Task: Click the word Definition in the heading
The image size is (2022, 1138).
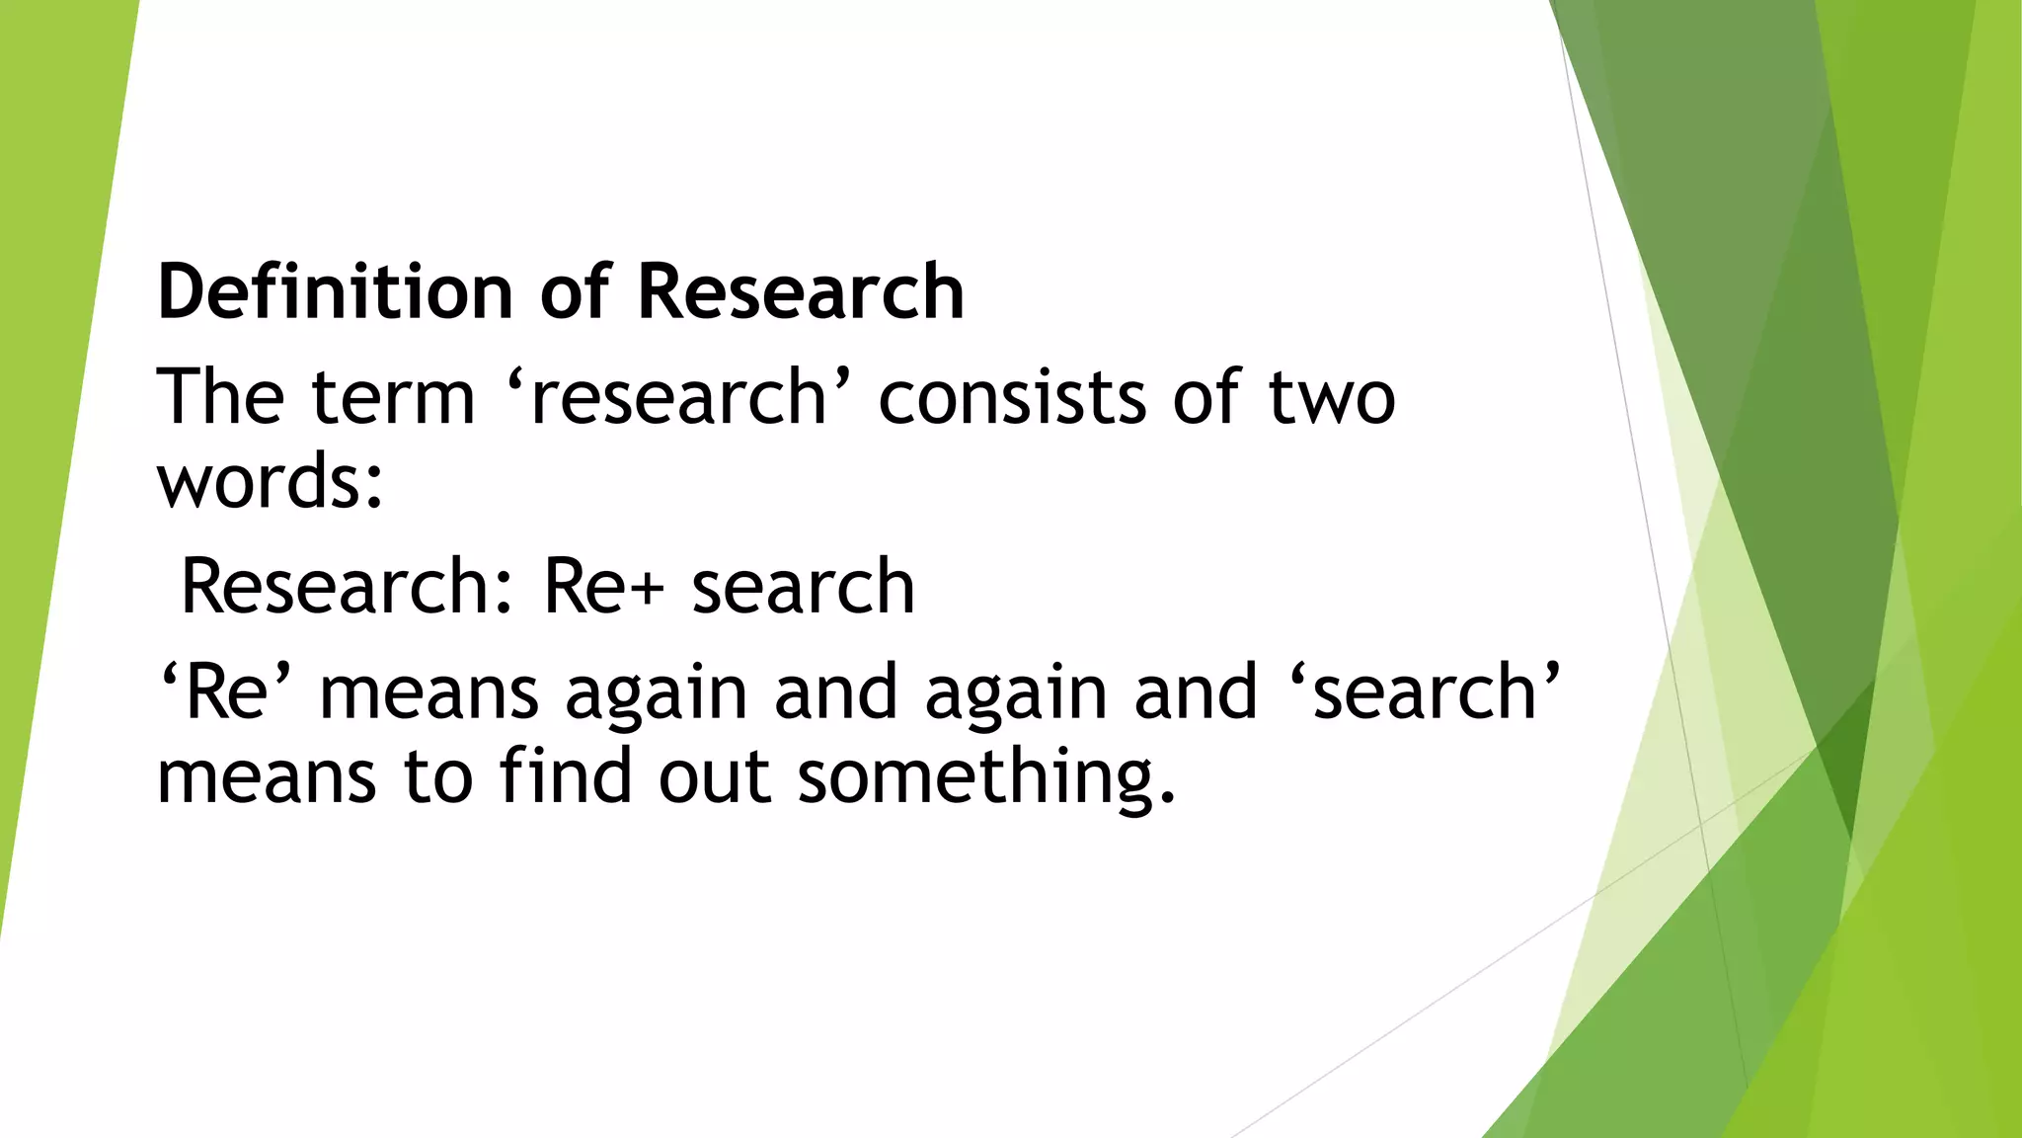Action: [x=335, y=292]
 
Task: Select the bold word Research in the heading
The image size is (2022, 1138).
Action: [x=801, y=292]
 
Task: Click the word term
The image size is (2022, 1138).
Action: [x=393, y=397]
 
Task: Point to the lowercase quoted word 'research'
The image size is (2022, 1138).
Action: [x=678, y=397]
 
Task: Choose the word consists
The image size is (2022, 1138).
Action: [x=1012, y=397]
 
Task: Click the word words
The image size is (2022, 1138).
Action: [x=259, y=481]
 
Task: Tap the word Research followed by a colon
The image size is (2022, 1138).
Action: [x=336, y=587]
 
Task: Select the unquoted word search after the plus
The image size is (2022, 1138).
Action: [x=803, y=587]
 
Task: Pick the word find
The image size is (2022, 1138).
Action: [x=565, y=775]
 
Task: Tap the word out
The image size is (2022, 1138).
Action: [x=714, y=775]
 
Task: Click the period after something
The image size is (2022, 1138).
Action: [x=1168, y=798]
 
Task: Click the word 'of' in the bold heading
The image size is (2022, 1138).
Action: [x=576, y=292]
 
